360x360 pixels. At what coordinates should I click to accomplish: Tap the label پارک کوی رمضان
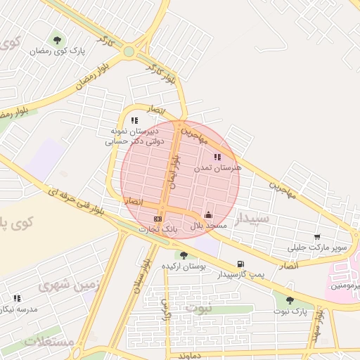coord(58,52)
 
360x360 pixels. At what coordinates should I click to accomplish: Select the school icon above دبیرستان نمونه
coord(134,121)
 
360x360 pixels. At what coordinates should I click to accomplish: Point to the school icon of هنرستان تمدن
coord(217,157)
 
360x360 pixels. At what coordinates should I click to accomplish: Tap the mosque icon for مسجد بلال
coord(208,215)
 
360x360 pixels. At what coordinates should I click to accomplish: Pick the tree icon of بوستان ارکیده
coord(184,255)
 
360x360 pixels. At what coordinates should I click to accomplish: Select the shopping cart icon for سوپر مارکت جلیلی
coord(318,237)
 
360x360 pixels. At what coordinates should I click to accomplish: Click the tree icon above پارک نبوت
coord(290,300)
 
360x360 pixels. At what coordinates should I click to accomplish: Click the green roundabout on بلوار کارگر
coord(129,51)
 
